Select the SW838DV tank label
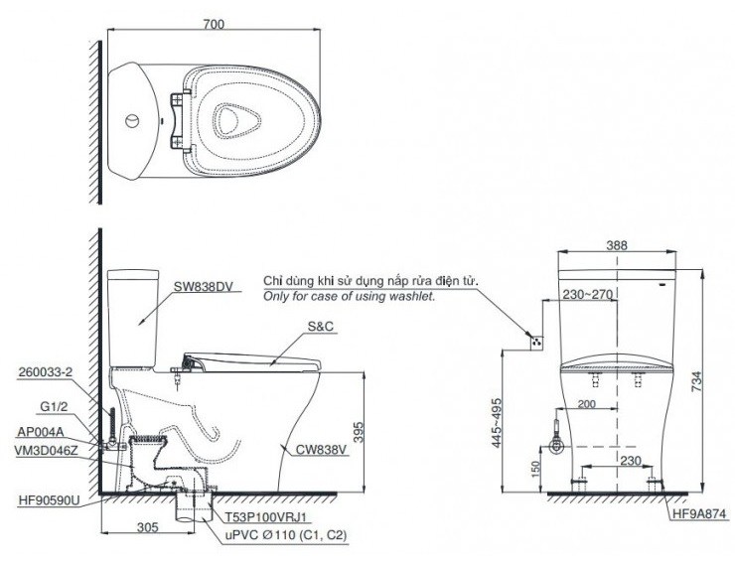[204, 287]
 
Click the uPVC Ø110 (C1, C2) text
[285, 536]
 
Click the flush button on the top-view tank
[129, 122]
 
